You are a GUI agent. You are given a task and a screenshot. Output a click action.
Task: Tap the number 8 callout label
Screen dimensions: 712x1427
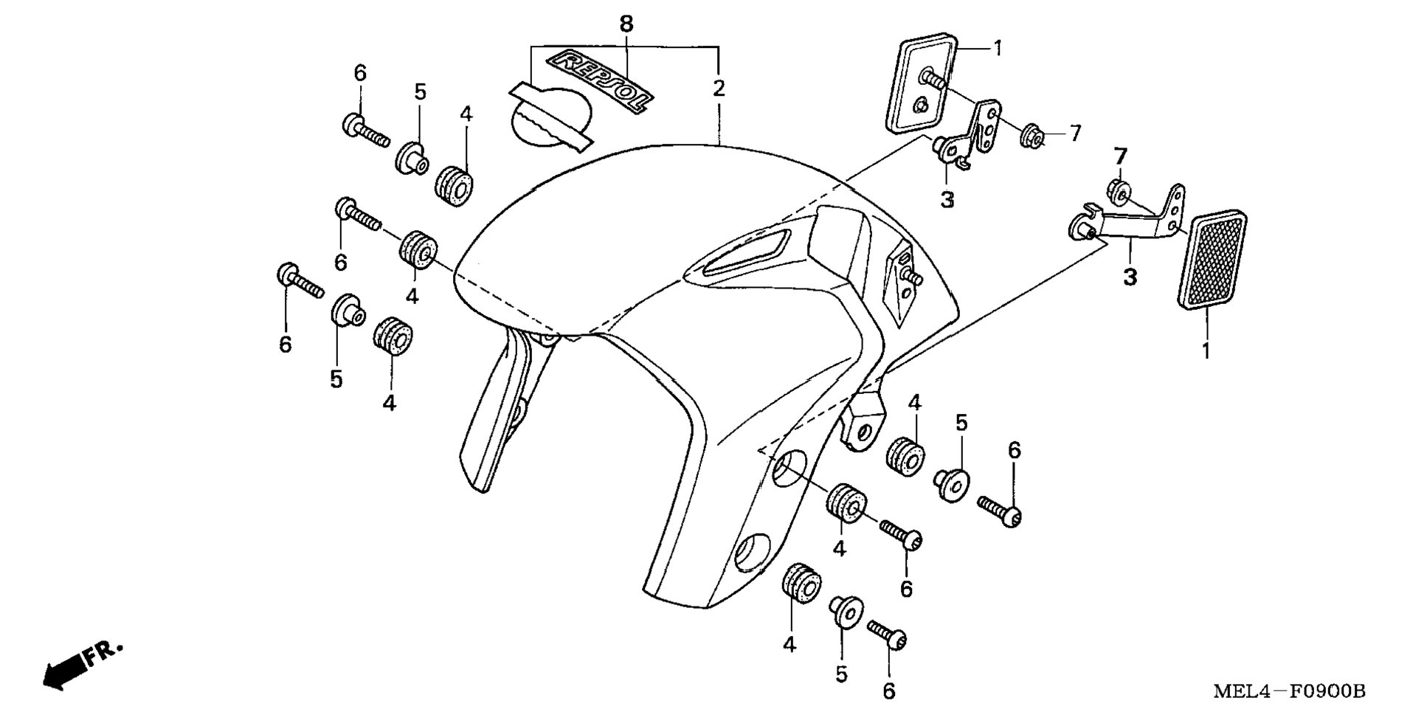tap(626, 24)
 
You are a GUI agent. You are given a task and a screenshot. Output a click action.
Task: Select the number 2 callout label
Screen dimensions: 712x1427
tap(718, 89)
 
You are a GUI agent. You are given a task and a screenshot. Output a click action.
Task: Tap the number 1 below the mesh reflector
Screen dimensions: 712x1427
tap(1206, 350)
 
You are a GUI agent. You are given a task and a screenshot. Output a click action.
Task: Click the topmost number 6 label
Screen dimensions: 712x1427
tap(360, 73)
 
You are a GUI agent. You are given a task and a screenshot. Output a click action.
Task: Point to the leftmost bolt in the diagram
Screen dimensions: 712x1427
tap(299, 281)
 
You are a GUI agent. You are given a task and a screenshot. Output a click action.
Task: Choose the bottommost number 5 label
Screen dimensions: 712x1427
tap(841, 674)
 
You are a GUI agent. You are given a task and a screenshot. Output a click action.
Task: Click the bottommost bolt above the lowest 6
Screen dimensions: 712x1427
tap(887, 635)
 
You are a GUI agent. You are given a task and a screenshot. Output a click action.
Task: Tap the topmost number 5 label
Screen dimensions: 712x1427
tap(420, 92)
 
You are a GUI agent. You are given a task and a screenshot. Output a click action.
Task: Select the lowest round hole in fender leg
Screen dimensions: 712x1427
tap(753, 552)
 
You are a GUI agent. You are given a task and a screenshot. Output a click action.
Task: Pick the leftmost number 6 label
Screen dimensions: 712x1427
tap(285, 345)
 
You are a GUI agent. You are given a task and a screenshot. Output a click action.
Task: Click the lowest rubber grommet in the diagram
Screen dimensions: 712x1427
tap(801, 584)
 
